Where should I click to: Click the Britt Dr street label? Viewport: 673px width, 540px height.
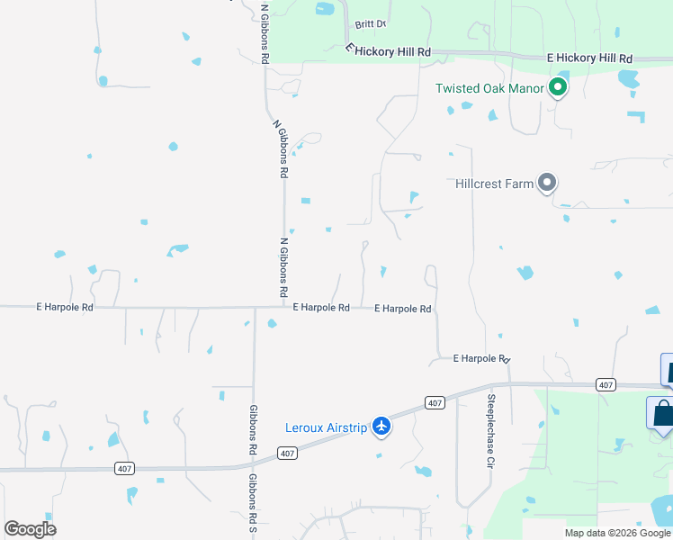(370, 24)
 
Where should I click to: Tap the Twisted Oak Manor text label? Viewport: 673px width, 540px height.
(489, 88)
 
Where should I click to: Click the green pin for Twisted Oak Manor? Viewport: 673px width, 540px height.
(558, 87)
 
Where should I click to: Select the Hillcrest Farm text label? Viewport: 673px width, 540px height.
(495, 183)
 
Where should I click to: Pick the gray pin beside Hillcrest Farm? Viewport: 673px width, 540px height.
(546, 183)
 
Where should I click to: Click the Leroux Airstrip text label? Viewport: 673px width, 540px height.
(326, 427)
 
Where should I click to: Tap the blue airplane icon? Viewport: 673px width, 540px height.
(381, 426)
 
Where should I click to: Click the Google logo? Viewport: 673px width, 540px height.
(31, 529)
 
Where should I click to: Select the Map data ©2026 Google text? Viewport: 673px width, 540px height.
(617, 533)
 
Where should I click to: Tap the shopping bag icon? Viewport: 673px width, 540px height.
(663, 415)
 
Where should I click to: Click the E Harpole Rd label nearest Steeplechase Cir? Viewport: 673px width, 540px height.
(481, 358)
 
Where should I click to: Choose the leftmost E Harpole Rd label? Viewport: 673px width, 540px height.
(65, 307)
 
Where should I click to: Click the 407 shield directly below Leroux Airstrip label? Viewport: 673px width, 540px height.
(287, 454)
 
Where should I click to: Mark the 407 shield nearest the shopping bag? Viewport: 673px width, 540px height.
(606, 385)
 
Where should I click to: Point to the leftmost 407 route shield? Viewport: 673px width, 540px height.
(125, 468)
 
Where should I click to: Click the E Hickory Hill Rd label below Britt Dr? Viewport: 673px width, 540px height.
(389, 52)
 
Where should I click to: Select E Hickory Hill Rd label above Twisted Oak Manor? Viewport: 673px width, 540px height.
(589, 58)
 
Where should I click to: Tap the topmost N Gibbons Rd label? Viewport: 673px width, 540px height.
(265, 34)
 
